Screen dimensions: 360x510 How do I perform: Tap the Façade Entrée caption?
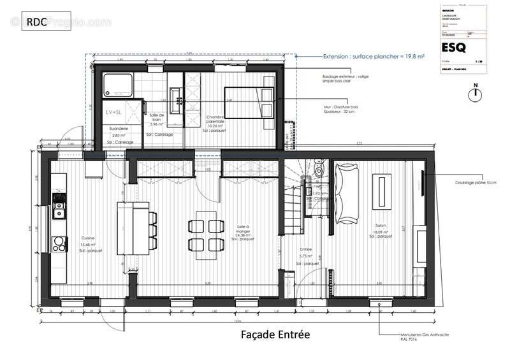pos(275,334)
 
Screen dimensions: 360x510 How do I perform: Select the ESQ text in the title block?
pos(454,48)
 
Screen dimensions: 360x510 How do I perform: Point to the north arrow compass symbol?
pos(474,94)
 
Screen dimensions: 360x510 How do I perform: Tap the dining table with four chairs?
pos(205,234)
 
